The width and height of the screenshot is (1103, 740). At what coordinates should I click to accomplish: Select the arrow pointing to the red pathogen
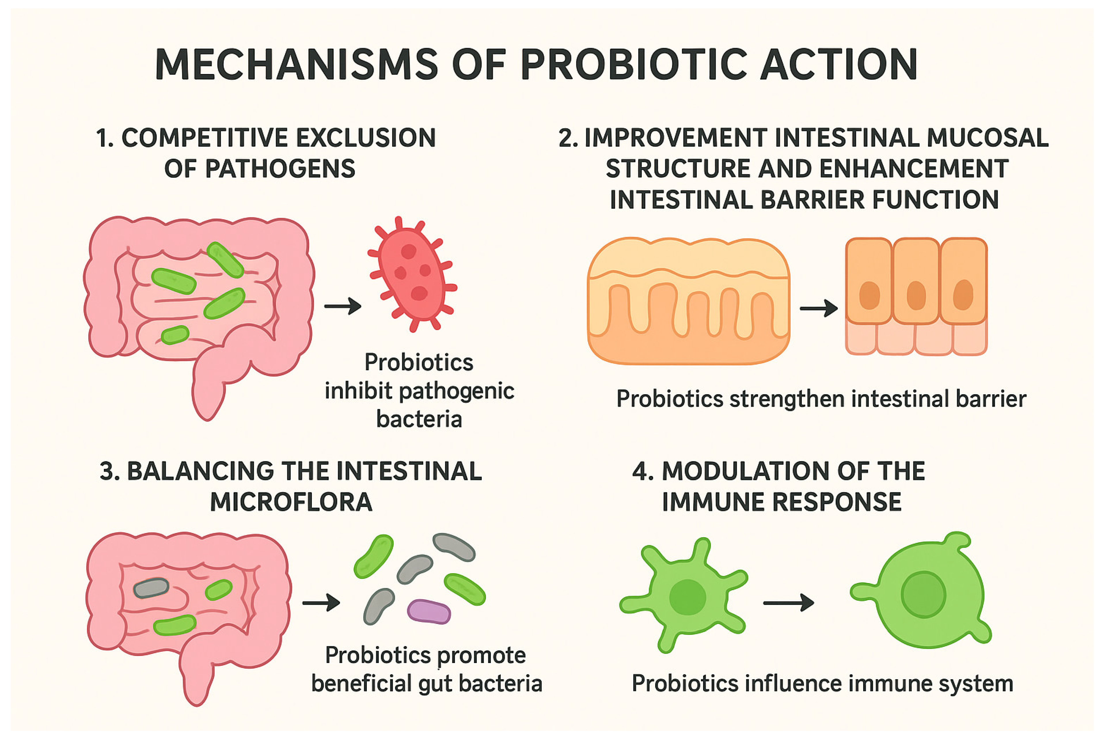343,306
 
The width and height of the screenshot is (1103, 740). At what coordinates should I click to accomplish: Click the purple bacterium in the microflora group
428,611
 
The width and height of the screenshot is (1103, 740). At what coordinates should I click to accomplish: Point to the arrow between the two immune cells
788,603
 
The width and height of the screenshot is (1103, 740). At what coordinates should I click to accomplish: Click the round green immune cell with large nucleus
925,595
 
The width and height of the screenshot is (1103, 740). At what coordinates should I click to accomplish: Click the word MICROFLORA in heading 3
291,502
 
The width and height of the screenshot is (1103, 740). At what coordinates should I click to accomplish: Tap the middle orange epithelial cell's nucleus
916,295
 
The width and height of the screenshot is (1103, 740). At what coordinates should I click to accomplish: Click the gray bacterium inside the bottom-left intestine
151,588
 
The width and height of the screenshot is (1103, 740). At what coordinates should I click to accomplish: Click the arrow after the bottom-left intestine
321,603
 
